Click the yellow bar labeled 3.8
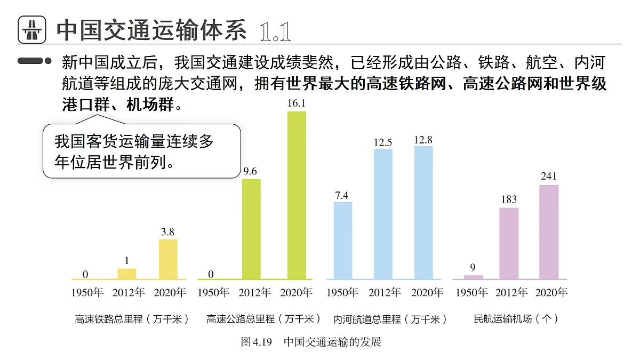[x=169, y=259]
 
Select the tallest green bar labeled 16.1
[x=297, y=195]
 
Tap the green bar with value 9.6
[x=251, y=229]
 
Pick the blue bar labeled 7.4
[x=342, y=241]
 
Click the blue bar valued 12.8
[x=423, y=212]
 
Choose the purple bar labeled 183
[x=509, y=243]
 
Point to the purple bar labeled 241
[x=549, y=232]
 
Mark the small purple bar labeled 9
[x=473, y=277]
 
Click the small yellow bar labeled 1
[x=127, y=274]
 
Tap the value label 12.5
[x=383, y=142]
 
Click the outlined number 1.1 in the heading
[x=275, y=32]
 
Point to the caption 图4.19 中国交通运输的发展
[x=311, y=342]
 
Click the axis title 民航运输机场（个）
[x=516, y=319]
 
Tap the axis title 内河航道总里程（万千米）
[x=390, y=319]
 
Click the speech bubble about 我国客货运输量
[x=141, y=151]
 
